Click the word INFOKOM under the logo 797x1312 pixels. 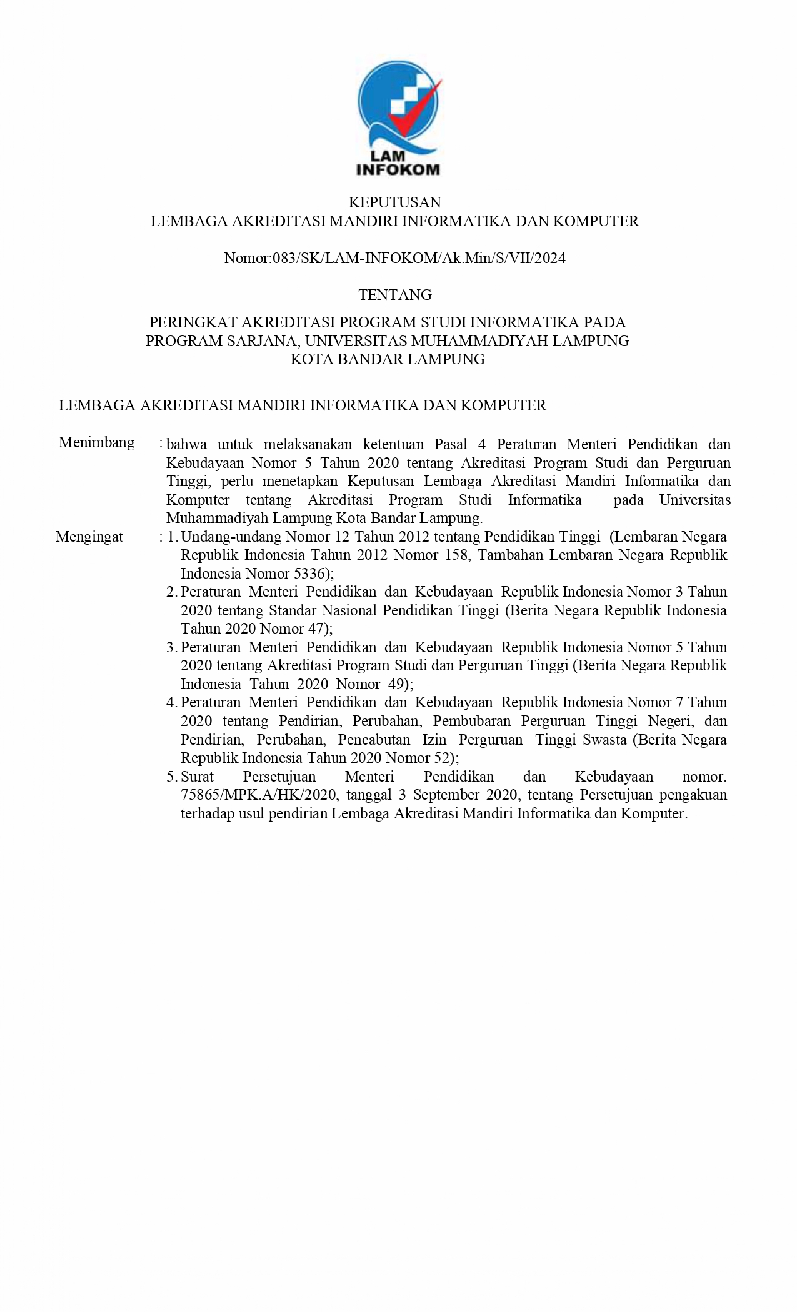pyautogui.click(x=398, y=169)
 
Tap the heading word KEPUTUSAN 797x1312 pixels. pyautogui.click(x=394, y=202)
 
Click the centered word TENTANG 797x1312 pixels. pyautogui.click(x=395, y=294)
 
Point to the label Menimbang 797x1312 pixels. pyautogui.click(x=96, y=443)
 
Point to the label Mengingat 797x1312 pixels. pyautogui.click(x=89, y=537)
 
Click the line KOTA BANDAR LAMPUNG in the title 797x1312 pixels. pyautogui.click(x=388, y=359)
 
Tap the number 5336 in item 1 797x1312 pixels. pyautogui.click(x=309, y=574)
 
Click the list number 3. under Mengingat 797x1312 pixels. pyautogui.click(x=172, y=647)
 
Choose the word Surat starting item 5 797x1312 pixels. pyautogui.click(x=197, y=777)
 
